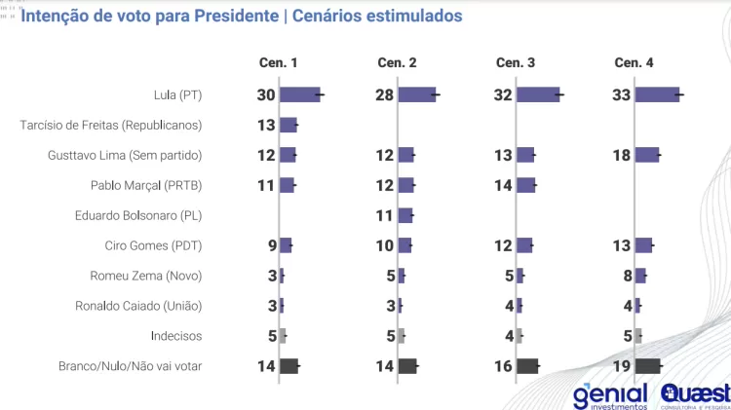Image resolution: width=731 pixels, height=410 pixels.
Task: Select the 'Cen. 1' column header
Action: point(279,62)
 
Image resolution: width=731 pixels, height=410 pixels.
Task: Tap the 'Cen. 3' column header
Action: point(516,62)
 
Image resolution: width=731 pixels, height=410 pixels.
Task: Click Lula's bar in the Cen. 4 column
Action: point(657,94)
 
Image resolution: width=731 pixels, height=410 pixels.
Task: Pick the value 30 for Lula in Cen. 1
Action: point(266,94)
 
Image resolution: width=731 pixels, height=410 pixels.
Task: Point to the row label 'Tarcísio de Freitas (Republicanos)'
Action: point(111,125)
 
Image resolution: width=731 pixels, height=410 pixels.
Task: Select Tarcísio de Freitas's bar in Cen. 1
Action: point(288,125)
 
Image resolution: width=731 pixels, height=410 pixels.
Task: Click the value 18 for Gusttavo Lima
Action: point(622,155)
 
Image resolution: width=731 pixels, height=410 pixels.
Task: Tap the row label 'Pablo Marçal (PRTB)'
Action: point(146,185)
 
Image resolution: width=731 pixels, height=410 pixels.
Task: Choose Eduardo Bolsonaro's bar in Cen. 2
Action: point(405,215)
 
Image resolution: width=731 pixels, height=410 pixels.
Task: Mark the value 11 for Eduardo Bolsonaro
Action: point(385,215)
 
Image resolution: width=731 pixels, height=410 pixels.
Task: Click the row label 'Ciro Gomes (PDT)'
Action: point(153,245)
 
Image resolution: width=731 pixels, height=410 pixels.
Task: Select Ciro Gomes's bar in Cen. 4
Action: point(643,245)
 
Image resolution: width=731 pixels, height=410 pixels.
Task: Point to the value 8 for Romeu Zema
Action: point(627,276)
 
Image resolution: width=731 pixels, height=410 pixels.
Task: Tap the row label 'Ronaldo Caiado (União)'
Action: point(138,306)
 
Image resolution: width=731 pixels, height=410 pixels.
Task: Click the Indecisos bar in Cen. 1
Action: point(283,336)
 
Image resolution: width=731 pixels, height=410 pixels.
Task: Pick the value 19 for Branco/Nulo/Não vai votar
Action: point(622,366)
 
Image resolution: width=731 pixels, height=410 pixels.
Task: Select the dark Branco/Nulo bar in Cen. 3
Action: point(527,366)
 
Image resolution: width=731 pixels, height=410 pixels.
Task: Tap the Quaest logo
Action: point(695,396)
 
